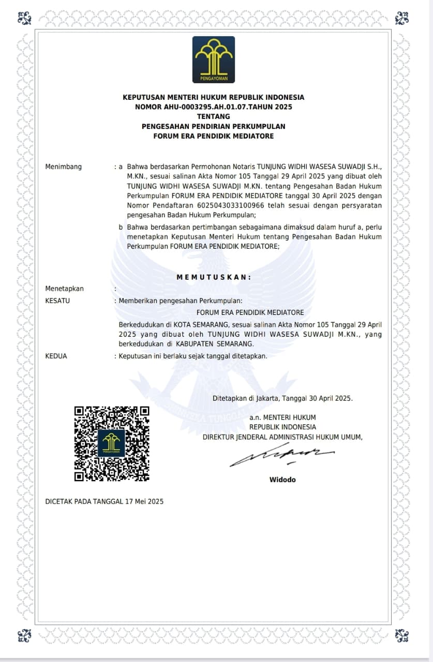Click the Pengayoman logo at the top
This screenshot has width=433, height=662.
pos(213,59)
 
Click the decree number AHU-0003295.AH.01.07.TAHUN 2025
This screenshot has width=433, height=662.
pos(213,107)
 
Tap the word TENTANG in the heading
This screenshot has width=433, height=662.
pos(213,117)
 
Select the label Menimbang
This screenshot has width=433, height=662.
pos(64,167)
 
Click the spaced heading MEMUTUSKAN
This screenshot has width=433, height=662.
pos(214,277)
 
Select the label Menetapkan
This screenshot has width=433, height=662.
pos(65,289)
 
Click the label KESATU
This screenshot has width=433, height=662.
pos(57,300)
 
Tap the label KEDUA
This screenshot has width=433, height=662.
pos(56,356)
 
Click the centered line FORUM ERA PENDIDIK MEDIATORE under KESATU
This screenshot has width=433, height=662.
pos(250,312)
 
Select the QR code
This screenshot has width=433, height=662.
pos(112,444)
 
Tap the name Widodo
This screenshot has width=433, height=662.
pos(282,480)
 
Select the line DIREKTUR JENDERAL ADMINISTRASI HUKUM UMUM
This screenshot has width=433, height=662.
pos(282,437)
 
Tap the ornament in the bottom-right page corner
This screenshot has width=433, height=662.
pos(401,635)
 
